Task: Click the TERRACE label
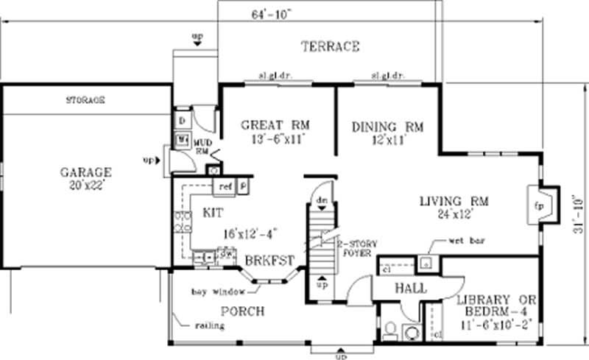(330, 47)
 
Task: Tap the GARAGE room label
(86, 172)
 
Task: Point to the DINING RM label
(387, 127)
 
